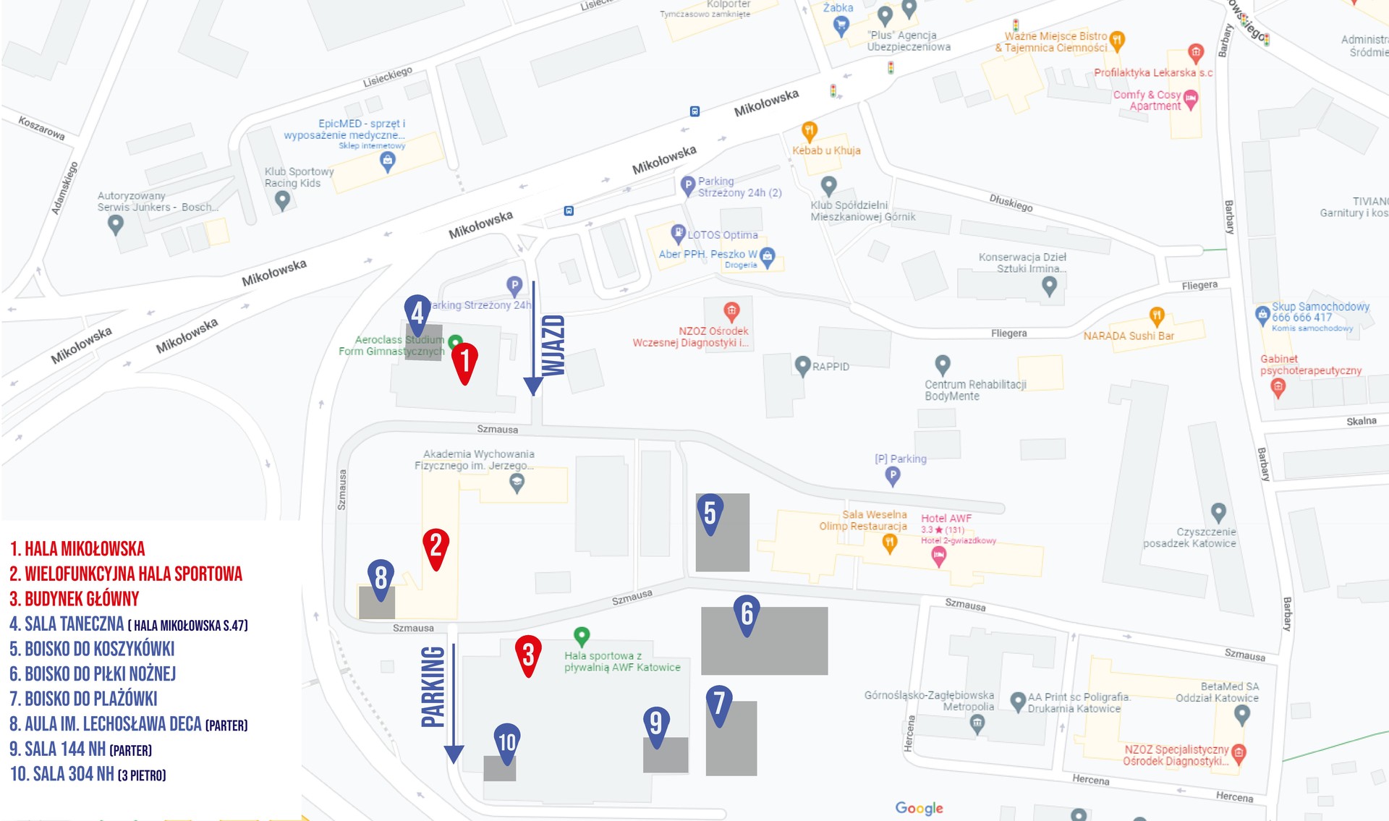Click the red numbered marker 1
[x=464, y=360]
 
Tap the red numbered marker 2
[x=436, y=546]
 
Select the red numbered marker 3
[x=528, y=654]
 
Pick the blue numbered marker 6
[x=747, y=613]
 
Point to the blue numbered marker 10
[x=506, y=741]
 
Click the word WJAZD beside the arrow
[x=553, y=345]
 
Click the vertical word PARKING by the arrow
[x=433, y=686]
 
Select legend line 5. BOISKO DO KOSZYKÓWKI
[x=92, y=649]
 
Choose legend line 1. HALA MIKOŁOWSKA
[x=77, y=549]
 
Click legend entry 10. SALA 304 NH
[x=88, y=774]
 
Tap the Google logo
[x=919, y=808]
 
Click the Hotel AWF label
[x=946, y=518]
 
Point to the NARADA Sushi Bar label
[x=1128, y=336]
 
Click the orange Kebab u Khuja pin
[x=809, y=132]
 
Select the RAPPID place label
[x=830, y=367]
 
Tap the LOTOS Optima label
[x=722, y=235]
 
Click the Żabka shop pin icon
[x=840, y=26]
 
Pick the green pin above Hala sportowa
[x=581, y=636]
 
